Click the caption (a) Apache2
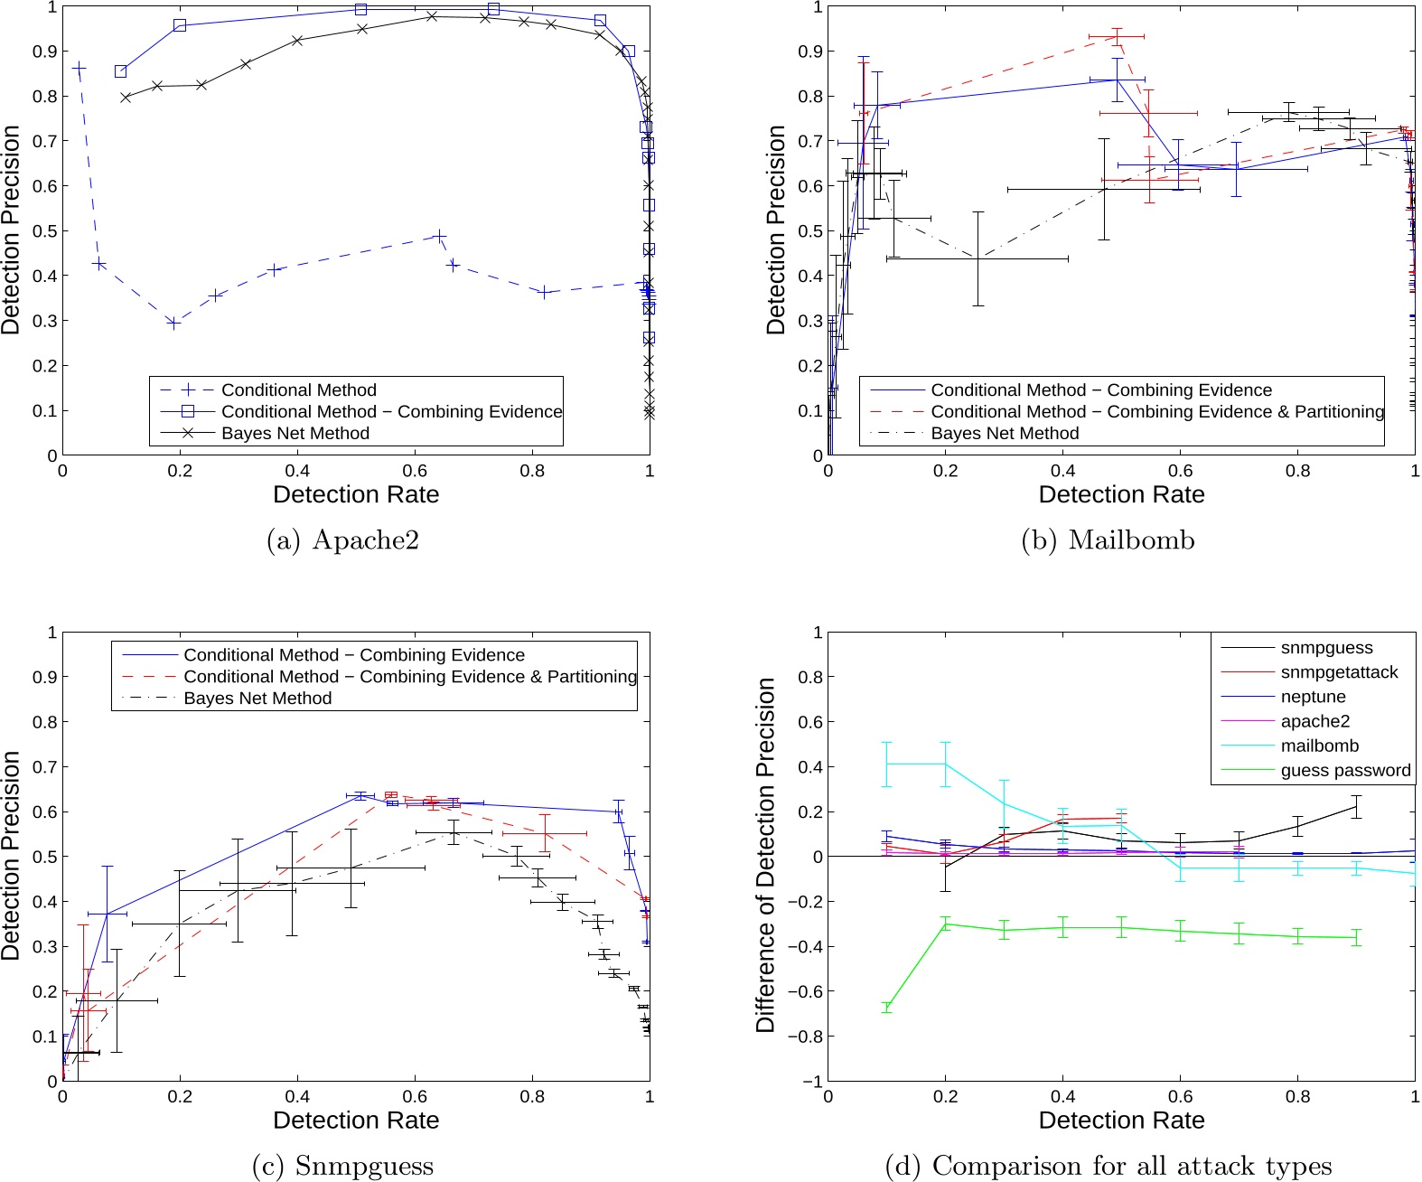pyautogui.click(x=343, y=540)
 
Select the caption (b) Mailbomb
pyautogui.click(x=1108, y=540)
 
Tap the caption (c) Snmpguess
pyautogui.click(x=343, y=1166)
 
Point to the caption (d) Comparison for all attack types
pyautogui.click(x=1108, y=1166)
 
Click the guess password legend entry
pyautogui.click(x=1345, y=771)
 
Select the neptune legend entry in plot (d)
pyautogui.click(x=1313, y=697)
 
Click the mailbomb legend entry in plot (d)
pyautogui.click(x=1319, y=746)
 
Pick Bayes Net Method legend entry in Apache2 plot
pyautogui.click(x=295, y=434)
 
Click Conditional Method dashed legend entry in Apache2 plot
pyautogui.click(x=298, y=390)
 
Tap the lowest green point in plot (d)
pyautogui.click(x=887, y=1007)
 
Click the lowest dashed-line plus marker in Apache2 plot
pyautogui.click(x=174, y=323)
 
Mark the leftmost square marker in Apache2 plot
pyautogui.click(x=121, y=71)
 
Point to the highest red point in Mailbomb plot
pyautogui.click(x=1118, y=36)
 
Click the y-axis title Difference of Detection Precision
pyautogui.click(x=766, y=855)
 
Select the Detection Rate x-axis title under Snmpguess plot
pyautogui.click(x=356, y=1121)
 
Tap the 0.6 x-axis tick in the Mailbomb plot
pyautogui.click(x=1180, y=471)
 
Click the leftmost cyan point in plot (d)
pyautogui.click(x=887, y=765)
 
